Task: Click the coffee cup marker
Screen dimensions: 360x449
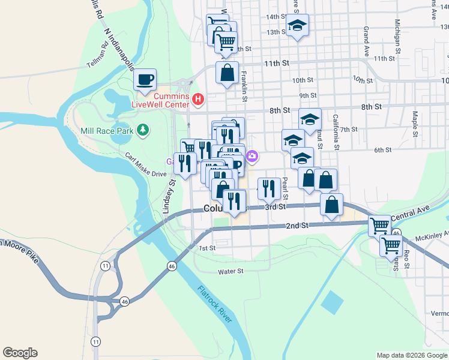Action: tap(145, 79)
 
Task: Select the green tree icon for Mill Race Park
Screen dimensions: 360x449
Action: tap(142, 130)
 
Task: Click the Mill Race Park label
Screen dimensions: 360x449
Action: tap(108, 130)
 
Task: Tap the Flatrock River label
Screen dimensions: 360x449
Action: tap(214, 304)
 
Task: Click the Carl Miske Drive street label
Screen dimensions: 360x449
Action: tap(145, 165)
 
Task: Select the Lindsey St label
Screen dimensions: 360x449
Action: tap(169, 196)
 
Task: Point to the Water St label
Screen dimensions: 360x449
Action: tap(231, 271)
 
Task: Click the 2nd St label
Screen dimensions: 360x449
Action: tap(297, 225)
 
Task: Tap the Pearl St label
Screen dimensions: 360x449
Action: tap(285, 188)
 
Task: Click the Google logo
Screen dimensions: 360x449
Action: tap(20, 353)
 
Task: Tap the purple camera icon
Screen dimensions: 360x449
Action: tap(253, 157)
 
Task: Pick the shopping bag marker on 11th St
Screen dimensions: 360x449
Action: tap(228, 73)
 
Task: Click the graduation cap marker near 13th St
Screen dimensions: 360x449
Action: tap(297, 26)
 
